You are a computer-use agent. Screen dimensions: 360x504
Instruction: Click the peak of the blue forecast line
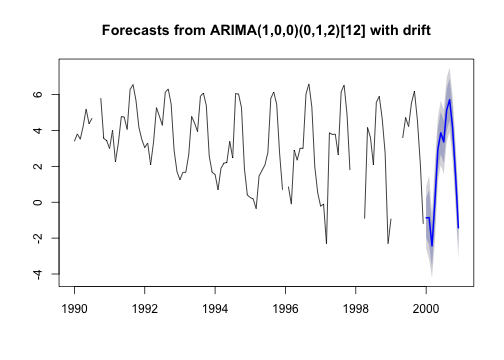[x=450, y=100]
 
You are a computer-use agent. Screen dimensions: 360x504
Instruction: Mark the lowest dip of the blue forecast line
[x=432, y=245]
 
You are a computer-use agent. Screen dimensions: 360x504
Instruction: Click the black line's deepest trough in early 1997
[x=326, y=243]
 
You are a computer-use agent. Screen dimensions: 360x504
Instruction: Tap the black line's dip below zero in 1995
[x=256, y=208]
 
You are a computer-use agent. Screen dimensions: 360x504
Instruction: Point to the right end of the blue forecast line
[x=459, y=228]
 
